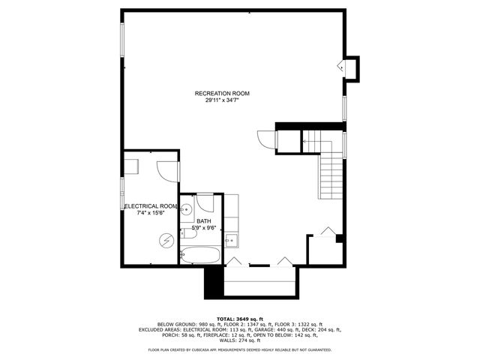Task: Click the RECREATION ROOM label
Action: pos(222,93)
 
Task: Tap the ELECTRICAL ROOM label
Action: pos(151,205)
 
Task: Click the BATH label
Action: pos(203,221)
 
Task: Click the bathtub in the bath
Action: pos(200,254)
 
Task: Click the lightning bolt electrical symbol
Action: pos(167,240)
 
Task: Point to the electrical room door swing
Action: pos(168,172)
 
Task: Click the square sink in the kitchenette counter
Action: pos(231,240)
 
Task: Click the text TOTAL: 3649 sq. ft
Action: pos(240,318)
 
